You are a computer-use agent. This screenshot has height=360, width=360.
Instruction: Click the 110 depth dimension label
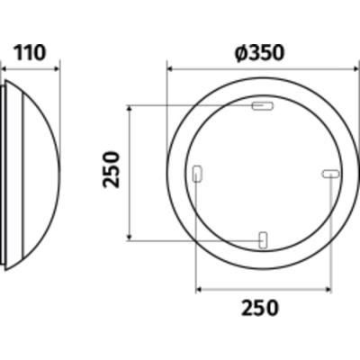point(30,53)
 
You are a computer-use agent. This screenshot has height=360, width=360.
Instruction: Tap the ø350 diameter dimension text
point(259,53)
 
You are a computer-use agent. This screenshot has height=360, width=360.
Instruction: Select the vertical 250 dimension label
point(111,169)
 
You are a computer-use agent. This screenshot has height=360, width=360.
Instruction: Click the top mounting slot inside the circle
point(263,106)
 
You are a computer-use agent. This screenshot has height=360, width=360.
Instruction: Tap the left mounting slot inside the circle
point(198,174)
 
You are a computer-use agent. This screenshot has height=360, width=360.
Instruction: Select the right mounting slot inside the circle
point(330,174)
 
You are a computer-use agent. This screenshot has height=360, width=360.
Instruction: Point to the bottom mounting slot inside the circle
point(263,240)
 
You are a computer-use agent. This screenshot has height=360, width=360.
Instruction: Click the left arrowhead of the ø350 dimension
point(170,69)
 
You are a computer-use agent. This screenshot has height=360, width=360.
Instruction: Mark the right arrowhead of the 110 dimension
point(57,69)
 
